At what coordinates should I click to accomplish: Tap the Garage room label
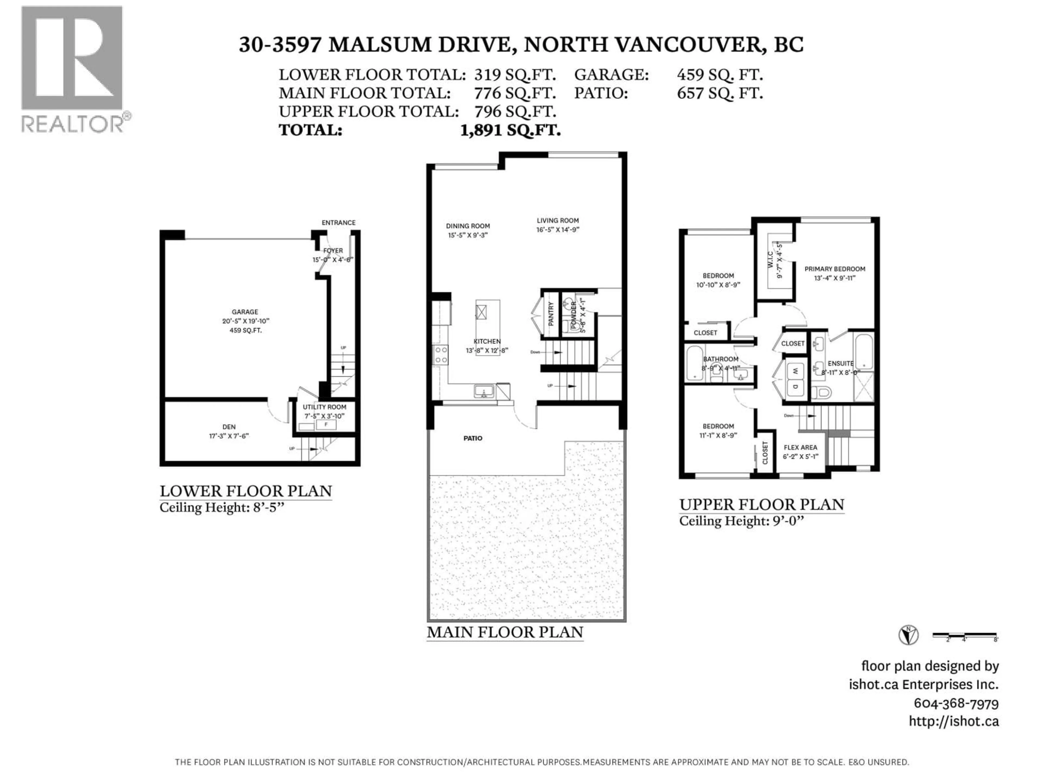point(245,311)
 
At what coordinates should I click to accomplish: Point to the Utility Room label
point(324,407)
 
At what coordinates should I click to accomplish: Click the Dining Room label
point(468,226)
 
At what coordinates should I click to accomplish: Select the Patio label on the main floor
point(472,438)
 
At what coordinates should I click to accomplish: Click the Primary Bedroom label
point(835,269)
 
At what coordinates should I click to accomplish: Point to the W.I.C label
point(770,260)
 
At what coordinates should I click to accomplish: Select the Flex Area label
point(800,447)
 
